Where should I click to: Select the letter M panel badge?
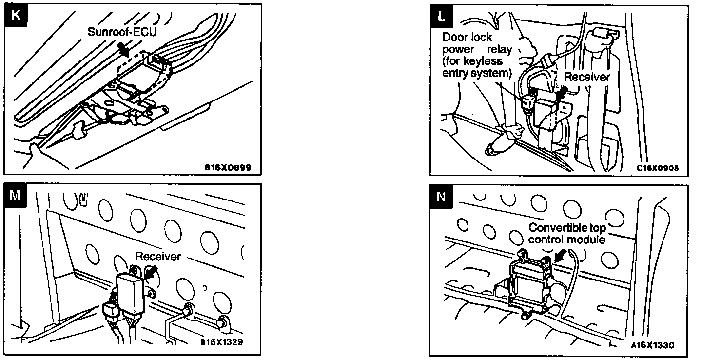[16, 196]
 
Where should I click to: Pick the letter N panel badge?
[442, 196]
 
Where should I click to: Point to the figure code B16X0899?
[228, 168]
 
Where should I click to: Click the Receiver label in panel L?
[586, 77]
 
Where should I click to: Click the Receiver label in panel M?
[157, 256]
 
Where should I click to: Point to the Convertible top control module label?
[567, 234]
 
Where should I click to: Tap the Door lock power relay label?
[476, 55]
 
